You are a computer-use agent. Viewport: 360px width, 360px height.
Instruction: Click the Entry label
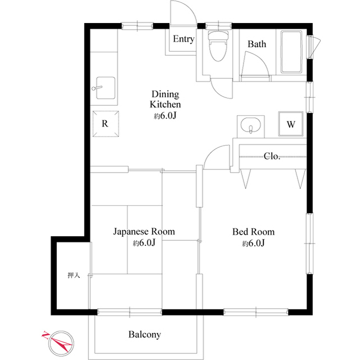click(x=183, y=39)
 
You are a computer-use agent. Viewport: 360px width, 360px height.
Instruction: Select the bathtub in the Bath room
click(x=291, y=52)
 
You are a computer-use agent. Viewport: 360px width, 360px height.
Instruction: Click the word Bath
click(x=257, y=44)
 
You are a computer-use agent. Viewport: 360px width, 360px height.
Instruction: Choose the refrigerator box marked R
click(x=105, y=124)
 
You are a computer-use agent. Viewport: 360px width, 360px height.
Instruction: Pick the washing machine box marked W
click(x=291, y=124)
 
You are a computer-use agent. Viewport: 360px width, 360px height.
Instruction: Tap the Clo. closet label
click(x=272, y=156)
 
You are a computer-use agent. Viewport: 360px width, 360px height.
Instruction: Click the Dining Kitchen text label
click(x=165, y=99)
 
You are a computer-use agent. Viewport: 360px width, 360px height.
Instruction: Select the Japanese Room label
click(x=143, y=232)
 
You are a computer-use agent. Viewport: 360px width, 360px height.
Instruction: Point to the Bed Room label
click(x=254, y=232)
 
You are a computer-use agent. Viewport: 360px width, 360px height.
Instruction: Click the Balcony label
click(x=145, y=335)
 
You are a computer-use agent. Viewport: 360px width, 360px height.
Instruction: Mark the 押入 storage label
click(x=74, y=275)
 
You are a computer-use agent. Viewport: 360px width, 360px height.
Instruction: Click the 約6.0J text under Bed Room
click(x=254, y=244)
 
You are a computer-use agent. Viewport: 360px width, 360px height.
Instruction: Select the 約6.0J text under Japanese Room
click(x=144, y=244)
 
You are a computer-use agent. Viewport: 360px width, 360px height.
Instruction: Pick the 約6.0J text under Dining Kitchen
click(x=165, y=116)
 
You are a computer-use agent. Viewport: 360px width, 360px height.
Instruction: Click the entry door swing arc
click(x=183, y=11)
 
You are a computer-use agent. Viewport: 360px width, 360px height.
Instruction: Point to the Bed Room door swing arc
click(x=216, y=157)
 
